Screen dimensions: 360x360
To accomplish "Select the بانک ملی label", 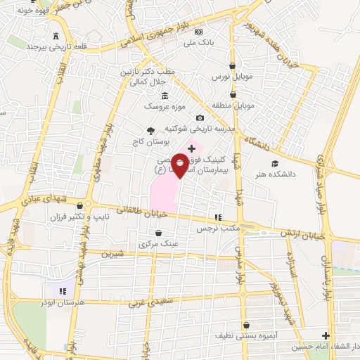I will click(198, 42).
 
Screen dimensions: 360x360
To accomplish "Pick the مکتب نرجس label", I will click(218, 228).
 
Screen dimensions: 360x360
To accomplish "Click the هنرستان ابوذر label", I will click(64, 300).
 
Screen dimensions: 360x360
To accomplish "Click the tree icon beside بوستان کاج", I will click(150, 131).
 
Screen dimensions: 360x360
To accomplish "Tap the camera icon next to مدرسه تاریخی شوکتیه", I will click(200, 117).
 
